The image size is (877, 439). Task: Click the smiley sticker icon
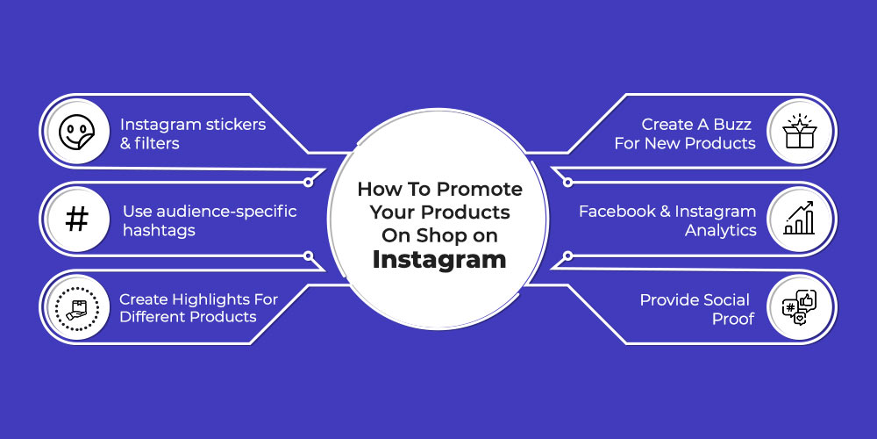(x=76, y=133)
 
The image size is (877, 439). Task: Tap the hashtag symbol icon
(x=76, y=219)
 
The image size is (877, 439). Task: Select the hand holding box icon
(x=76, y=307)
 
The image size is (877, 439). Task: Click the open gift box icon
(x=799, y=132)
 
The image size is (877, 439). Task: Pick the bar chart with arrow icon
(x=799, y=219)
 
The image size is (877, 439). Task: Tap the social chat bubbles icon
(x=799, y=307)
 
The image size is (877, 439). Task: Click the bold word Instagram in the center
(x=439, y=260)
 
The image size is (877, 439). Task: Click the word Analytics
(x=720, y=231)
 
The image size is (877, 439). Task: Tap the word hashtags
(x=159, y=231)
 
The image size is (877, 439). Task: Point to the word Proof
(x=732, y=319)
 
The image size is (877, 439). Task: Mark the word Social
(x=724, y=300)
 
